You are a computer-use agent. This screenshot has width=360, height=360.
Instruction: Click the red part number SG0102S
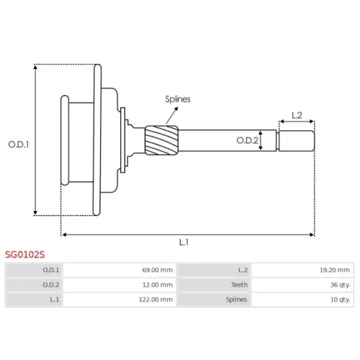tap(25, 254)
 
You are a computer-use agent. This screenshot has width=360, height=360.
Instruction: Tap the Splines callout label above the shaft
tap(178, 99)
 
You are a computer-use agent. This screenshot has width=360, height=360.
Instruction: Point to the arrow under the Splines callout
tap(172, 115)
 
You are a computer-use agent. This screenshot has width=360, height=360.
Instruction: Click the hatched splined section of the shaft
tap(161, 140)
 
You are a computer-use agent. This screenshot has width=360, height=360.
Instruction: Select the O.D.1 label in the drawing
tap(19, 145)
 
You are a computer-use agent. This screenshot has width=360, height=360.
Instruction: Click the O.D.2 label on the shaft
tap(247, 140)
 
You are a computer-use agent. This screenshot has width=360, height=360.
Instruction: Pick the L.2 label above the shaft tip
tap(297, 115)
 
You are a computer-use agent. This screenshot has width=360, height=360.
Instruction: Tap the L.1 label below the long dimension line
tap(184, 243)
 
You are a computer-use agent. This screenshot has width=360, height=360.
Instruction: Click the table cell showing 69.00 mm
tap(158, 270)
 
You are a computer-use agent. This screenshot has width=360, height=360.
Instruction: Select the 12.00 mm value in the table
tap(158, 285)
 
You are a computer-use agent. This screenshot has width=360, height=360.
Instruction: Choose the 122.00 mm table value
tap(156, 300)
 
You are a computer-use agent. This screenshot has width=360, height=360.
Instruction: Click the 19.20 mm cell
tap(335, 270)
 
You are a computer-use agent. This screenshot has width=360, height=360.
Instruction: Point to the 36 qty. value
tap(340, 285)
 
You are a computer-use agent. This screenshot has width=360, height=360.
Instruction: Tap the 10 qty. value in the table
tap(340, 300)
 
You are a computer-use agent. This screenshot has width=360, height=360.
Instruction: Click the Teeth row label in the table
tap(239, 285)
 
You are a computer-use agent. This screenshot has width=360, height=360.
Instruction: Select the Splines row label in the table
tap(236, 300)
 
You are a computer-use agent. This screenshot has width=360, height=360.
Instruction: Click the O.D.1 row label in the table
tap(51, 270)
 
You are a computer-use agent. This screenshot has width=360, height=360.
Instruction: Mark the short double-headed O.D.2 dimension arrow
tap(261, 140)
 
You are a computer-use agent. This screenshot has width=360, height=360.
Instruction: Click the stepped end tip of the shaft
tap(297, 141)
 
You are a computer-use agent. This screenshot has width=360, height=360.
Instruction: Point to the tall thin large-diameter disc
tap(97, 140)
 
